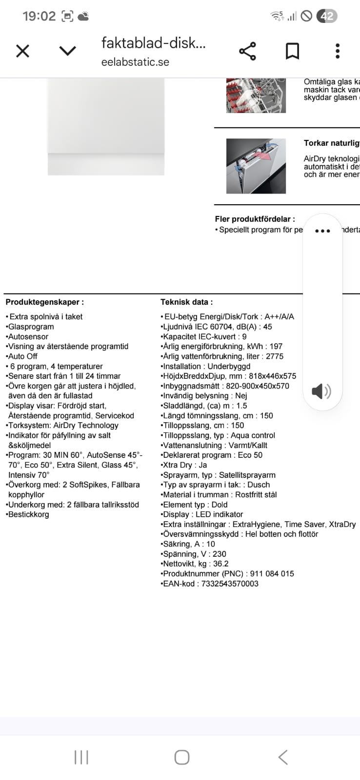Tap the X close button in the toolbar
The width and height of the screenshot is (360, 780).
pos(22,51)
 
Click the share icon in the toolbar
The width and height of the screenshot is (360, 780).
pos(247,51)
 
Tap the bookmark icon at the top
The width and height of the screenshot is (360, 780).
pos(292,51)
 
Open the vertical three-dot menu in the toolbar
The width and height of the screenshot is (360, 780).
pos(337,51)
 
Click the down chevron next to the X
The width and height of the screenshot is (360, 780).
pos(67,51)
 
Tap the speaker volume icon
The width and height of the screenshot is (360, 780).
pos(321,391)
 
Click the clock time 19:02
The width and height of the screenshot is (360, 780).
pos(39,16)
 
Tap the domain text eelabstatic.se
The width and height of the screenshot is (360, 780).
pos(135,62)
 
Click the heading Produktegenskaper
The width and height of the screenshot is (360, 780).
pos(44,302)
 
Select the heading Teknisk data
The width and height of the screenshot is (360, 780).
pos(186,302)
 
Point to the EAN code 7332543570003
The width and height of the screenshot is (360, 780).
pos(230,584)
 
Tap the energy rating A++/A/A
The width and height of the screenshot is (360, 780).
pos(279,316)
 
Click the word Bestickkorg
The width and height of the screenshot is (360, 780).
pos(29,514)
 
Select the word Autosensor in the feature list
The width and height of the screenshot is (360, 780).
pos(28,336)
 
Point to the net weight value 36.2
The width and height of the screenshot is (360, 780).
pos(220,564)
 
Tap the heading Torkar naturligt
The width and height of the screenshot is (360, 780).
pos(331,143)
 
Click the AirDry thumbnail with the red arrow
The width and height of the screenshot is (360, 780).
pos(256,166)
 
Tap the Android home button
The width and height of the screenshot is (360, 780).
pos(181,757)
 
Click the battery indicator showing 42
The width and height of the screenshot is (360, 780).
pos(326,16)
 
